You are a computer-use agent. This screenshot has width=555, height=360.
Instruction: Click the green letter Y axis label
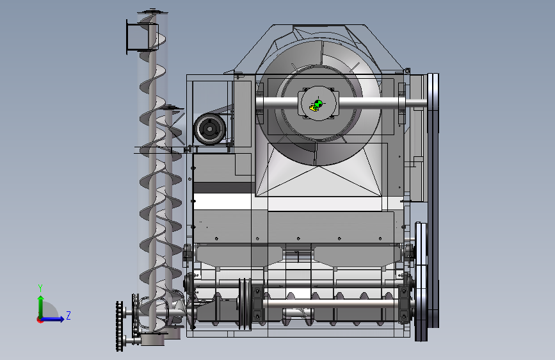point(40,288)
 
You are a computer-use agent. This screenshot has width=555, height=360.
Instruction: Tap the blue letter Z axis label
point(68,315)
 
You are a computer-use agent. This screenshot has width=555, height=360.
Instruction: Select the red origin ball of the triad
point(40,320)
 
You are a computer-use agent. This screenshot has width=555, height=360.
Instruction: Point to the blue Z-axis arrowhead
point(61,319)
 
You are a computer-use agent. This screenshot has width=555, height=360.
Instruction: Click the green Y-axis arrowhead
point(41,299)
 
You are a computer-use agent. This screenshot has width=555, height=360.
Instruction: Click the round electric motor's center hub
point(209,129)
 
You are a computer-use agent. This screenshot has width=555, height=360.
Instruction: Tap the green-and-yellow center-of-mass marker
point(316,105)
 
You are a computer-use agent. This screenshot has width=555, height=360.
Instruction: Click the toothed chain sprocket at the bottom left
point(120,326)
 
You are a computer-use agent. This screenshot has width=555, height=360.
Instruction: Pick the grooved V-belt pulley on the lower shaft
point(245,304)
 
